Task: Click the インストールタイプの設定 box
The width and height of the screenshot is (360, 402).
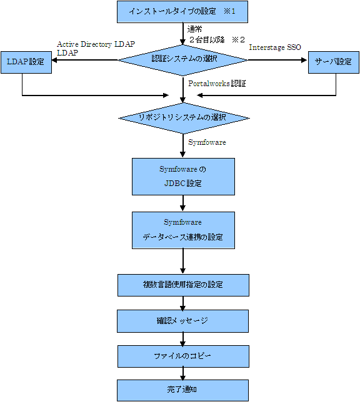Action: [x=182, y=12]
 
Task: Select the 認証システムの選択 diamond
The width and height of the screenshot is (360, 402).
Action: [x=183, y=61]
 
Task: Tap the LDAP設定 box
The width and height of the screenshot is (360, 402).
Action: [x=26, y=62]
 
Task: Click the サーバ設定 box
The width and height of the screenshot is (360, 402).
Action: [x=334, y=62]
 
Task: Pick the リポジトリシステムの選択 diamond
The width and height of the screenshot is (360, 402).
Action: [x=184, y=118]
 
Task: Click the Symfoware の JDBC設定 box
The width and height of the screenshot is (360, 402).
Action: [x=183, y=177]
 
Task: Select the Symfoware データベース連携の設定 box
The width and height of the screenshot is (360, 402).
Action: [x=183, y=230]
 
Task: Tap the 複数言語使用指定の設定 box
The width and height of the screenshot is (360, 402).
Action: [x=183, y=285]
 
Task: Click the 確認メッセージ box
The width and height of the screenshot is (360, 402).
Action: [x=182, y=321]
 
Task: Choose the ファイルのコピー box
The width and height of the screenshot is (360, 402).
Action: [x=183, y=356]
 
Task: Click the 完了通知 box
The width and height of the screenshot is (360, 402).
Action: [x=182, y=391]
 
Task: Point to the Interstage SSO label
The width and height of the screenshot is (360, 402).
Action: [x=275, y=47]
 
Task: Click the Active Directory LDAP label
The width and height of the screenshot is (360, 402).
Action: [x=96, y=44]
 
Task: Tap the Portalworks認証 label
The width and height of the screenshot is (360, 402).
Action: [x=217, y=84]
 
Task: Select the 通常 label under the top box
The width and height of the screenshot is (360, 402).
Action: [x=194, y=29]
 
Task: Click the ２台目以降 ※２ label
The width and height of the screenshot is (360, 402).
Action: [x=217, y=40]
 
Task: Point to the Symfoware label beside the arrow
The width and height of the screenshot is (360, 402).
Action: [x=207, y=142]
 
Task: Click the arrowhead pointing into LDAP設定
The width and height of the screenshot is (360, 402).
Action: [x=54, y=61]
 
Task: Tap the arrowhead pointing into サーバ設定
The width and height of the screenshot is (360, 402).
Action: [x=304, y=61]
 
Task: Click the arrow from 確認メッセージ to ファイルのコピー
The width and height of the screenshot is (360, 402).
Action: [x=183, y=339]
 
